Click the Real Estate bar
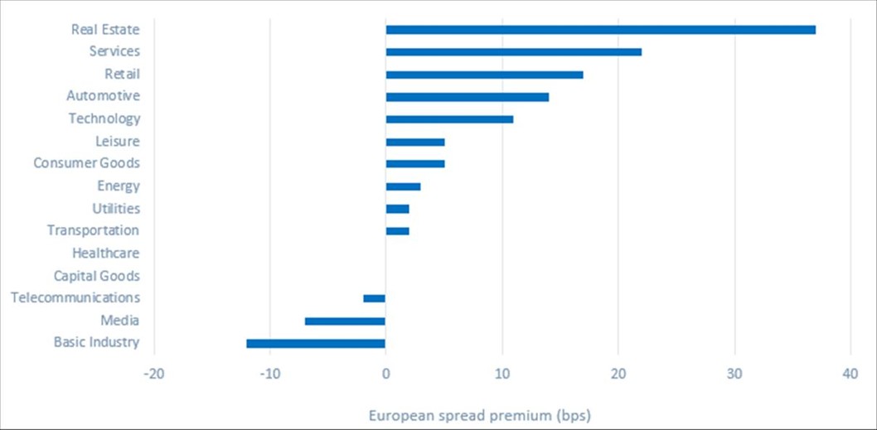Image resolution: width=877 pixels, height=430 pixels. pyautogui.click(x=600, y=30)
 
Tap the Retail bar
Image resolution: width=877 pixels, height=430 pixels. pyautogui.click(x=484, y=75)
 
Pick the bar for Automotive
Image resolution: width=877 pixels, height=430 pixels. pyautogui.click(x=467, y=97)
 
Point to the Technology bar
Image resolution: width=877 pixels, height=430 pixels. pyautogui.click(x=449, y=119)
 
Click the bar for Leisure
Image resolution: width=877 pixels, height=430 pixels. pyautogui.click(x=414, y=142)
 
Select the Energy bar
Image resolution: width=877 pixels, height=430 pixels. pyautogui.click(x=403, y=186)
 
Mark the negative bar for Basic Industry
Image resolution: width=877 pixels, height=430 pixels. pyautogui.click(x=316, y=343)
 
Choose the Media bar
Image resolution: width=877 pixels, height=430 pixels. pyautogui.click(x=345, y=321)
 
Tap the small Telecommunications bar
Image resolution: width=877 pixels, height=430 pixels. pyautogui.click(x=374, y=298)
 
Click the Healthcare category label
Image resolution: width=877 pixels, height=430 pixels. pyautogui.click(x=105, y=254)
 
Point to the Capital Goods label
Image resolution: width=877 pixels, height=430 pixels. pyautogui.click(x=96, y=276)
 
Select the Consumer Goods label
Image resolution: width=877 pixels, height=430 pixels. pyautogui.click(x=86, y=163)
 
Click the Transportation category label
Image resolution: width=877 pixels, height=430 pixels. pyautogui.click(x=93, y=230)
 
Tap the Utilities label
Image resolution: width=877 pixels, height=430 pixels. pyautogui.click(x=116, y=209)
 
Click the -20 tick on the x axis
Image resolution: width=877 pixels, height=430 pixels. pyautogui.click(x=153, y=374)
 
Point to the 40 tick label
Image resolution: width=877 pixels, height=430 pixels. pyautogui.click(x=850, y=374)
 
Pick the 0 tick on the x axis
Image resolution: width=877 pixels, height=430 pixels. pyautogui.click(x=385, y=374)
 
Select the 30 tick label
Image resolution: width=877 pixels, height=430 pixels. pyautogui.click(x=734, y=374)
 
